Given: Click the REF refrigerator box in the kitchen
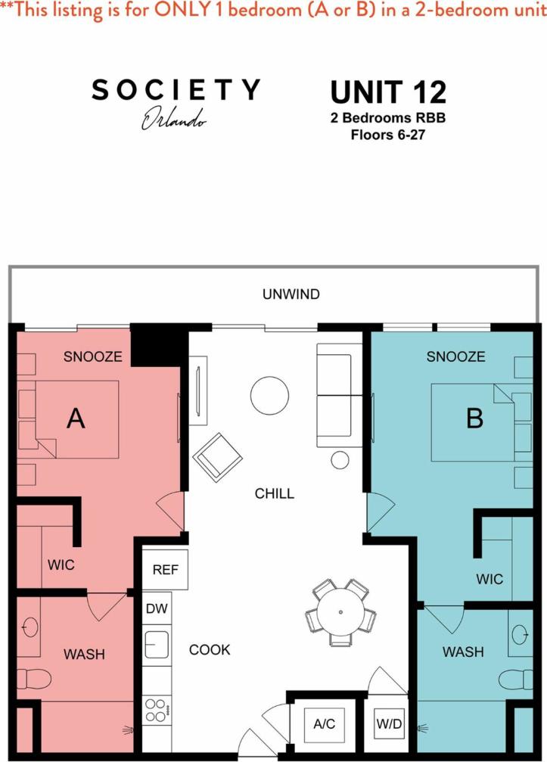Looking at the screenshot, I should pyautogui.click(x=165, y=570).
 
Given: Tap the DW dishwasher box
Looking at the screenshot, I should pyautogui.click(x=157, y=608).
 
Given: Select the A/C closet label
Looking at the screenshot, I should pyautogui.click(x=324, y=724).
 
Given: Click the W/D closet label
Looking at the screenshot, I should pyautogui.click(x=389, y=724).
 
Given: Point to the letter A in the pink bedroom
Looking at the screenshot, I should pyautogui.click(x=76, y=418).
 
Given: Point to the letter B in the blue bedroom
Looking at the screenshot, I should pyautogui.click(x=474, y=418).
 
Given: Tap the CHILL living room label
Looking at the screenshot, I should pyautogui.click(x=274, y=494).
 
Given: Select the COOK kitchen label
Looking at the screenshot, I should pyautogui.click(x=210, y=649).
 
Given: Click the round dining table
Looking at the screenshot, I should pyautogui.click(x=341, y=611).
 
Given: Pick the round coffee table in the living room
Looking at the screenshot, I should pyautogui.click(x=269, y=396).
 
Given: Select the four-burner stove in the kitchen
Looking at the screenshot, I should pyautogui.click(x=157, y=710).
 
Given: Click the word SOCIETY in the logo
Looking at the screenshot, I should pyautogui.click(x=176, y=90).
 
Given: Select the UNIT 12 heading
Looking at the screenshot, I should pyautogui.click(x=388, y=92).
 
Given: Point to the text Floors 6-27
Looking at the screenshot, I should pyautogui.click(x=388, y=135).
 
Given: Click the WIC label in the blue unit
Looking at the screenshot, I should pyautogui.click(x=489, y=579).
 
